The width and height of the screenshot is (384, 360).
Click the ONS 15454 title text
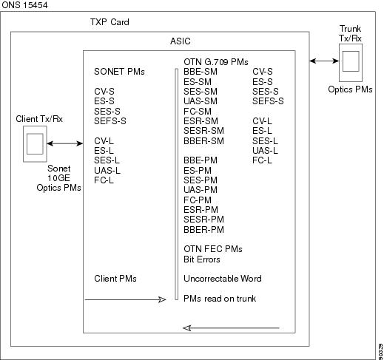click(x=24, y=5)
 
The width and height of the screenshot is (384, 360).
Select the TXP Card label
click(x=110, y=22)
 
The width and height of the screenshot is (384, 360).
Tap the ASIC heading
click(x=181, y=41)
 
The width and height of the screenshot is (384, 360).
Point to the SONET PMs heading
click(x=119, y=72)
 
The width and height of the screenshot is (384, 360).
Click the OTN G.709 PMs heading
click(x=216, y=62)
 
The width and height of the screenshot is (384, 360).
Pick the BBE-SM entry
click(x=201, y=72)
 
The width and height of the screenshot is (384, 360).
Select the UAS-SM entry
click(x=201, y=101)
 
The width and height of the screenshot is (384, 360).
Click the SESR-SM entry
click(x=203, y=131)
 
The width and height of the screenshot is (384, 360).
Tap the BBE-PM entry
click(x=201, y=160)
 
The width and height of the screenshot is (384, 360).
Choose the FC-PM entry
click(x=198, y=200)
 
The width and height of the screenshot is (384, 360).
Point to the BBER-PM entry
click(x=203, y=230)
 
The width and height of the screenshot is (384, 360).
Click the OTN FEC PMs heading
click(x=213, y=249)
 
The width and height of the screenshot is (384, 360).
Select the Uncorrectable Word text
click(x=223, y=279)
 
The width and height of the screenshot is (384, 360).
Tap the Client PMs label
click(x=115, y=279)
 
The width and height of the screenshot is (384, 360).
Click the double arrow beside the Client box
click(x=65, y=143)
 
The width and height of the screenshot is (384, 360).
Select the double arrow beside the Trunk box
click(x=324, y=61)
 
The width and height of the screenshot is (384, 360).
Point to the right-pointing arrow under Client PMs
click(x=125, y=299)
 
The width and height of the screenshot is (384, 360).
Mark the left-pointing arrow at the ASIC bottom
click(x=231, y=328)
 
